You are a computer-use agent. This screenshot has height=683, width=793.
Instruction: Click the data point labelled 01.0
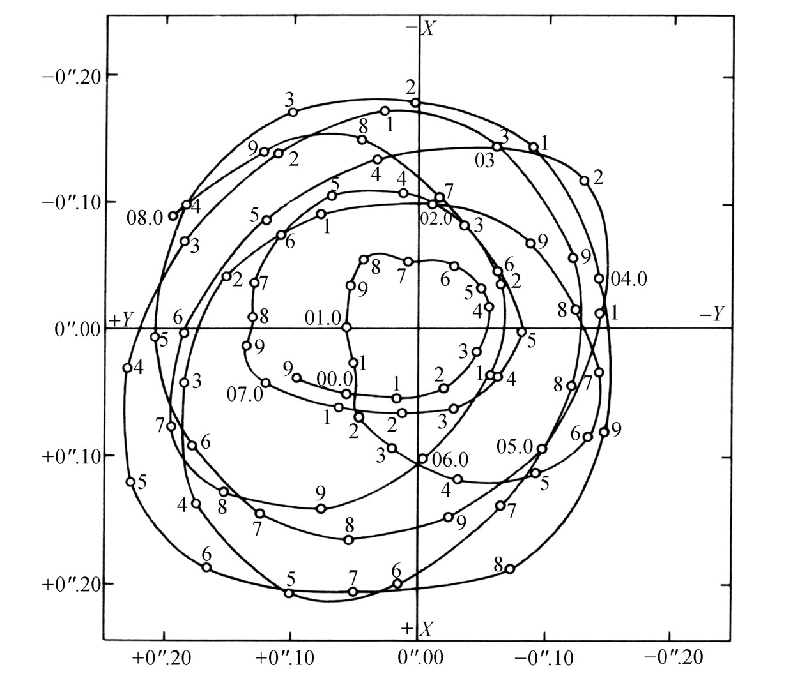[x=346, y=327]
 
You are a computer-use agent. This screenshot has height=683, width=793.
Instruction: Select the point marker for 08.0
[x=173, y=216]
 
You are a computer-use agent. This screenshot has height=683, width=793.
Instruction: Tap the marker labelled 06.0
[x=422, y=458]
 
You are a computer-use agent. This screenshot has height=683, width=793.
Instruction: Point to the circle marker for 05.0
[x=542, y=449]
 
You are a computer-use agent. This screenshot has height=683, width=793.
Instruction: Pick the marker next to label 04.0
[x=599, y=279]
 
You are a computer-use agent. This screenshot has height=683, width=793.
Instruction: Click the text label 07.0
[x=245, y=394]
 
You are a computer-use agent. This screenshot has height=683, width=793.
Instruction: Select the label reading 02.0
[x=436, y=219]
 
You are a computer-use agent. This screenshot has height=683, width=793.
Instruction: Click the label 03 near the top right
[x=485, y=161]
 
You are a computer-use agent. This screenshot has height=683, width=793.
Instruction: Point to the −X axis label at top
[x=421, y=28]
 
